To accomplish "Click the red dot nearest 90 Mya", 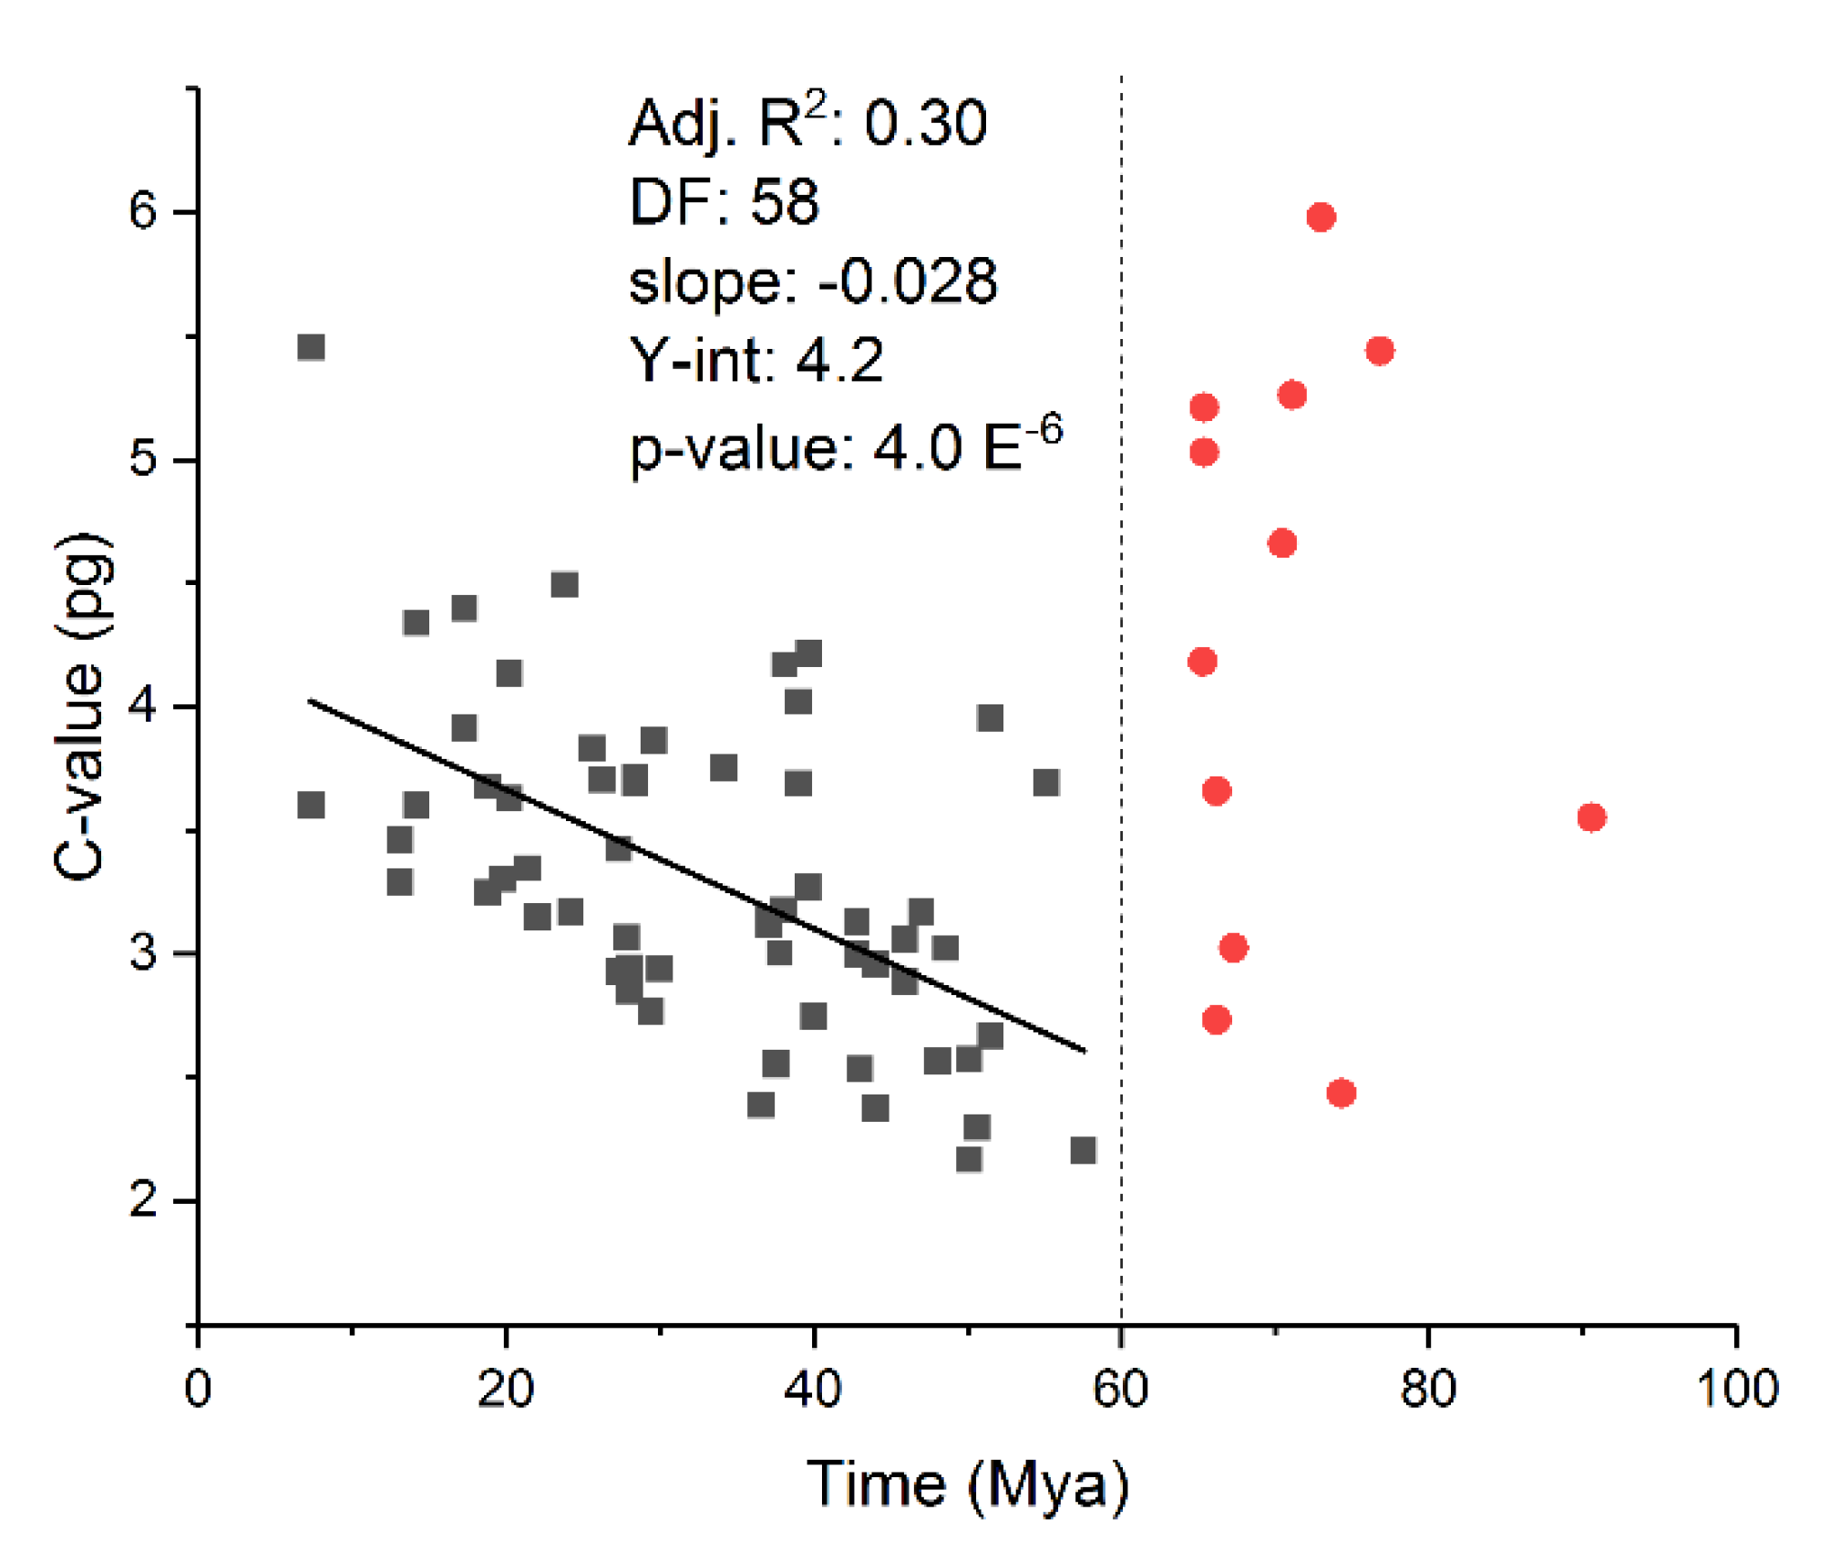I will (x=1591, y=817).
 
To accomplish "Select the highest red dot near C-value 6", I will (x=1321, y=217).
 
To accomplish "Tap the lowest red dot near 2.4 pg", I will (x=1341, y=1093).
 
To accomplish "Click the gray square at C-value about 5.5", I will (x=311, y=347).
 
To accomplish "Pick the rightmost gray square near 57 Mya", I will (x=1083, y=1150).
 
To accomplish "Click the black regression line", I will (x=697, y=875).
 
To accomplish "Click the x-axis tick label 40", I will (x=812, y=1389).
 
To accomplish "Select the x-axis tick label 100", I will (x=1737, y=1389).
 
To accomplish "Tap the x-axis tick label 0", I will (x=198, y=1389).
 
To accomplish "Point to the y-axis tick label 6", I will (x=143, y=211).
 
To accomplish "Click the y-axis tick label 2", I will (x=143, y=1199).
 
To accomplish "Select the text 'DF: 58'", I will (x=725, y=201).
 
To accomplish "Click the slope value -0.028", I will (x=908, y=281).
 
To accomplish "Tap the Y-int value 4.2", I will (x=839, y=360).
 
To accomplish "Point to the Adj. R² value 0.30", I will (x=925, y=123).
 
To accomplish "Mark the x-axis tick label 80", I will (x=1428, y=1389).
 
